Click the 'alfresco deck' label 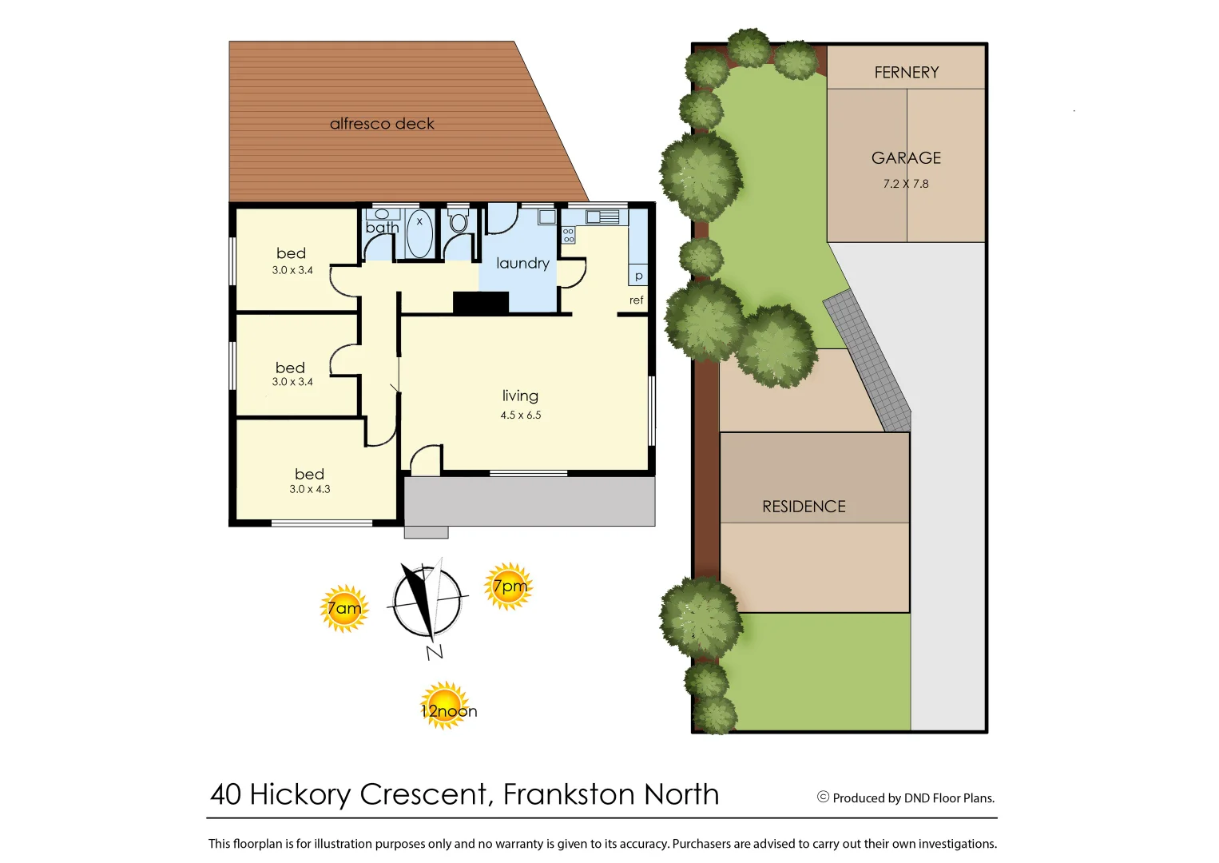tap(382, 124)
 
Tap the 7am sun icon tap(344, 609)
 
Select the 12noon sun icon tap(446, 706)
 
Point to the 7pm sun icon tap(508, 587)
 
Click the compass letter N tap(435, 652)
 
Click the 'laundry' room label tap(522, 263)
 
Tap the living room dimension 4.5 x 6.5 tap(521, 415)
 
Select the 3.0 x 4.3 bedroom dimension tap(310, 489)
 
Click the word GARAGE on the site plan tap(906, 158)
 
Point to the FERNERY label tap(906, 73)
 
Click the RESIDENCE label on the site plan tap(804, 507)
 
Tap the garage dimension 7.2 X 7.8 tap(906, 184)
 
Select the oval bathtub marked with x tap(419, 234)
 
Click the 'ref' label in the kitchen tap(636, 300)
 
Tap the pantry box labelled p tap(638, 275)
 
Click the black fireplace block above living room tap(481, 303)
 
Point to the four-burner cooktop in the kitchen tap(569, 235)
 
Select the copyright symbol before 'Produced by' tap(823, 797)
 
